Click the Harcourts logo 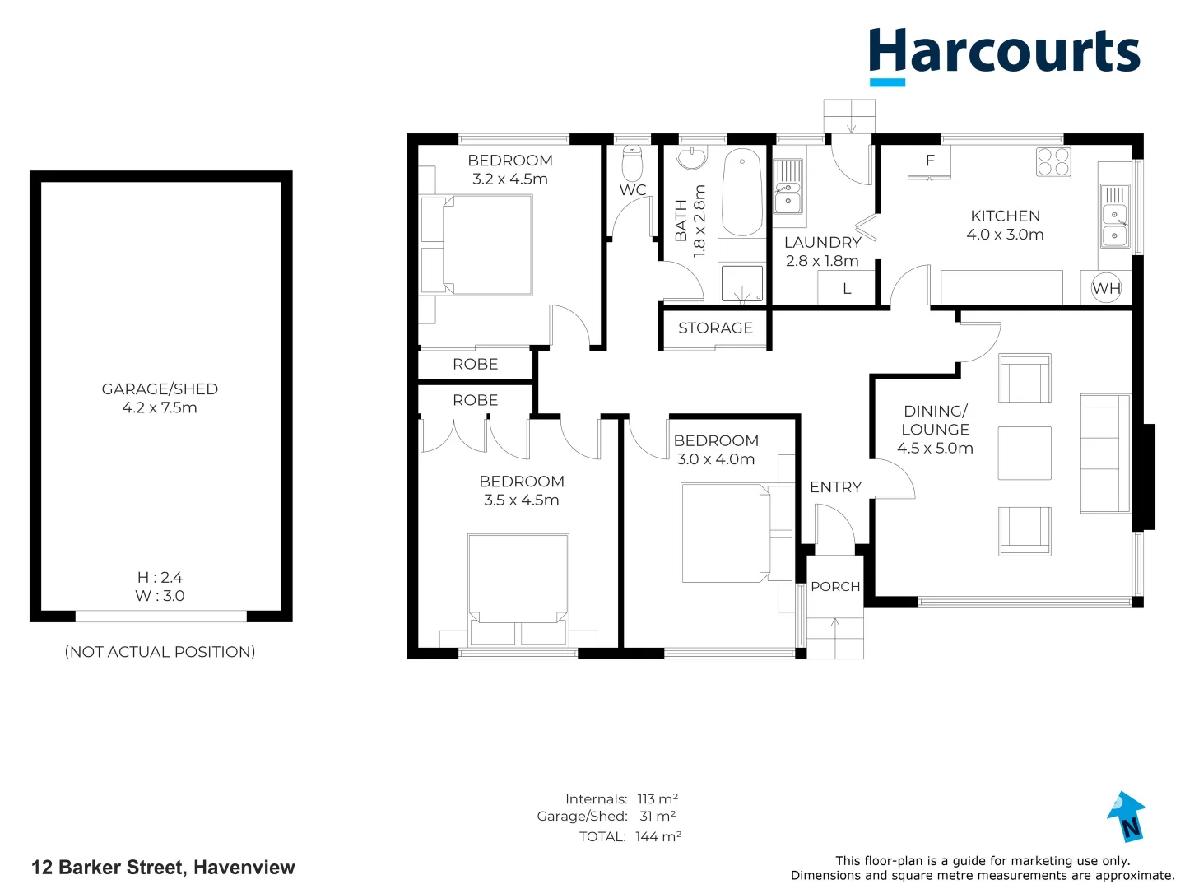click(x=1004, y=54)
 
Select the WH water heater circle click(x=1106, y=288)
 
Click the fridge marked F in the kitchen click(x=930, y=161)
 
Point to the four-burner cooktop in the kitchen click(x=1053, y=161)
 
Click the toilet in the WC click(x=632, y=163)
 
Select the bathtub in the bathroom click(x=742, y=193)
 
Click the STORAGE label click(x=715, y=328)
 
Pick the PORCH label click(x=835, y=586)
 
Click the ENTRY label click(x=835, y=487)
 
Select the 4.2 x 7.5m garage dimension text click(x=160, y=407)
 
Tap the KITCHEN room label click(x=1005, y=216)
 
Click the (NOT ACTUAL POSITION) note click(x=160, y=652)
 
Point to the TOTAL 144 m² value click(x=658, y=836)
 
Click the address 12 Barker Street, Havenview click(x=163, y=868)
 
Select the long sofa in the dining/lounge click(x=1104, y=454)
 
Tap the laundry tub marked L click(x=846, y=288)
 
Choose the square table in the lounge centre click(x=1025, y=453)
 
